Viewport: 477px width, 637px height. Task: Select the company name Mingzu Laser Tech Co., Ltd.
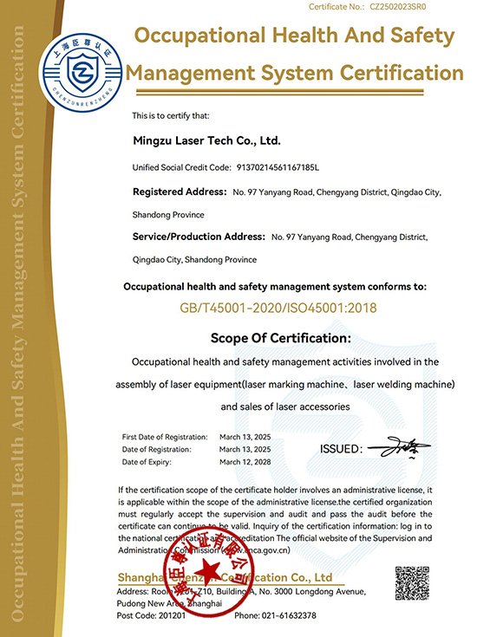(206, 139)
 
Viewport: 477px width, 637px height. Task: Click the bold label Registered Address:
(179, 191)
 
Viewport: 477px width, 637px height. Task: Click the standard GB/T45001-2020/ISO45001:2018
(278, 308)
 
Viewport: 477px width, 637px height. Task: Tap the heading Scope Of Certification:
(281, 337)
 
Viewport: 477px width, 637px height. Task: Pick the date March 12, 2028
(245, 462)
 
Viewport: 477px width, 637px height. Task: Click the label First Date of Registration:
(165, 437)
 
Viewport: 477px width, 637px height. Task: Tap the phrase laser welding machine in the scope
(405, 383)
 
